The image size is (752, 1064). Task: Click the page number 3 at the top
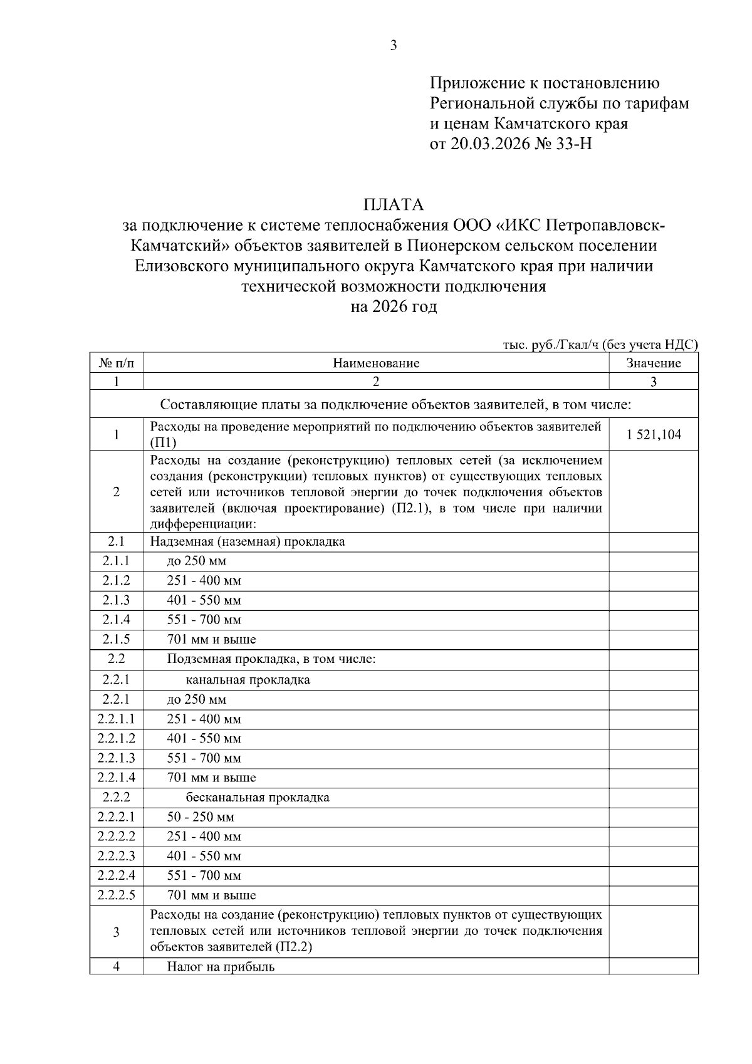point(394,45)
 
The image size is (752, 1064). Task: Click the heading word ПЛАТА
point(394,205)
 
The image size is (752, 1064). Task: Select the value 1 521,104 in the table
point(654,435)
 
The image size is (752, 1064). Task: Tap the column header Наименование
point(376,363)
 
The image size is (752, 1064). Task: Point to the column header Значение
point(654,363)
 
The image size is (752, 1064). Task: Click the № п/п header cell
point(117,363)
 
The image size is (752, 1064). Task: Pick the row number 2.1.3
point(117,600)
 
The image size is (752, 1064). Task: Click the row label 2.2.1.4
point(117,778)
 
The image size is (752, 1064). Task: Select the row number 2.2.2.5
point(117,895)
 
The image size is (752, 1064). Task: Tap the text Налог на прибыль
point(221,967)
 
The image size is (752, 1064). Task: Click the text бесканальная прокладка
point(258,798)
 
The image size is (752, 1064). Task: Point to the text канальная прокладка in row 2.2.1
point(248,680)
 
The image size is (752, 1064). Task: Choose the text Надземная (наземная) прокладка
point(248,541)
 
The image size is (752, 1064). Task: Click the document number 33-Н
point(573,144)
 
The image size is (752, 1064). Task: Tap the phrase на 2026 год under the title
point(394,307)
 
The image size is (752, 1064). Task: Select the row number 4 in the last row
point(117,966)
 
